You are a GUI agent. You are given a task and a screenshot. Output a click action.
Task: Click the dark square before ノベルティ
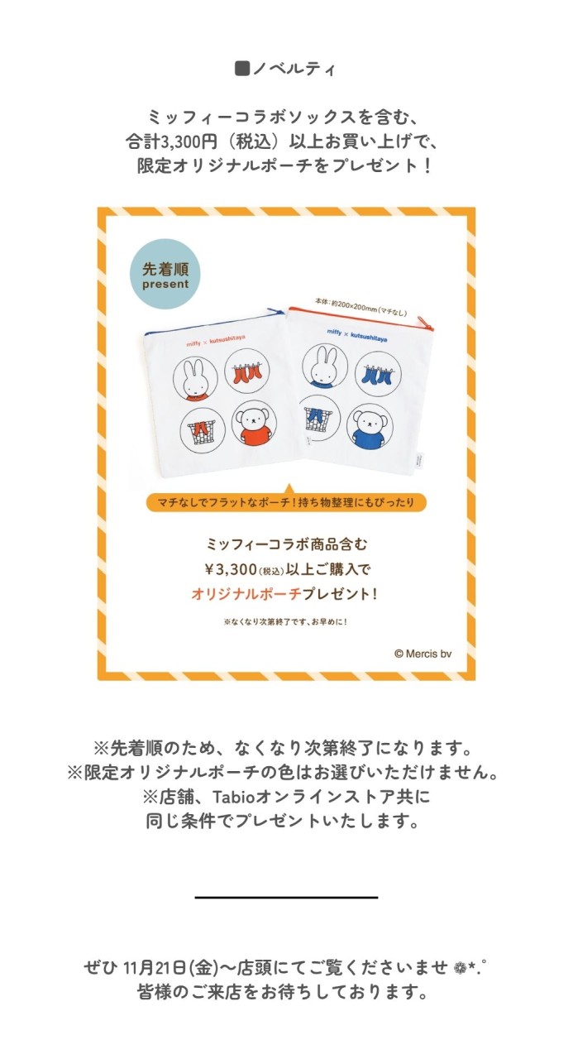coord(242,69)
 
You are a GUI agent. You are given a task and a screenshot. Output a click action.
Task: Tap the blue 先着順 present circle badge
coord(165,274)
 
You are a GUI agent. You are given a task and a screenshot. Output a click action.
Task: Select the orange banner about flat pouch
coord(286,502)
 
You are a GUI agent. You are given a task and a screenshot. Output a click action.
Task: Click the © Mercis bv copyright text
coord(423,654)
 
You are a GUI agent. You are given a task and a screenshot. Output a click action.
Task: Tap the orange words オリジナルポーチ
coord(246,594)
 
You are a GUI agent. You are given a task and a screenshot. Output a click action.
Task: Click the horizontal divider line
coord(286,897)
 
